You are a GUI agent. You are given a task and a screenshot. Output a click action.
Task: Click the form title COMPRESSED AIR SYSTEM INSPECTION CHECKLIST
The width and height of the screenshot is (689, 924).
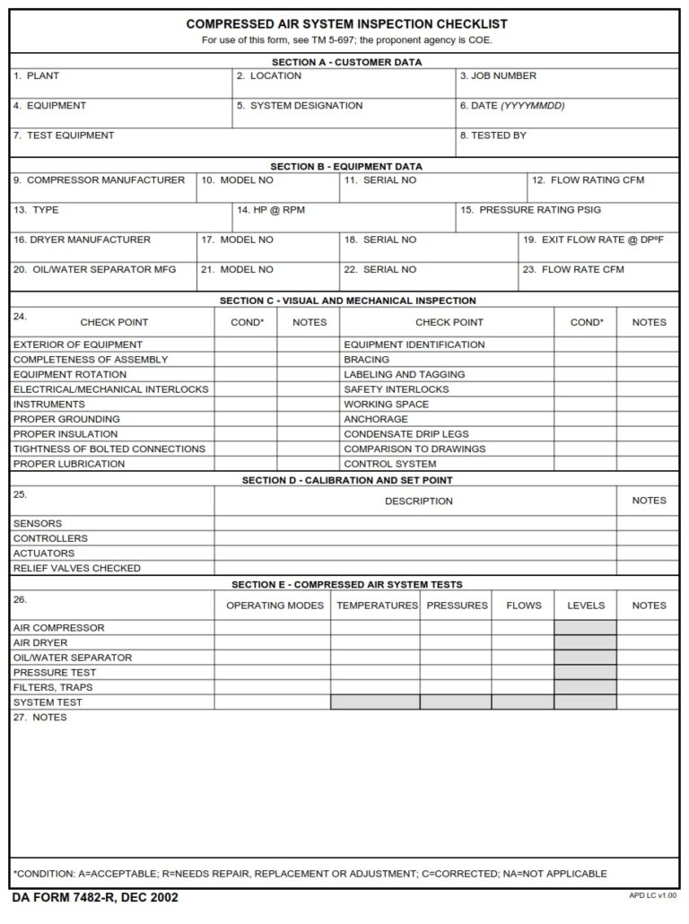click(346, 24)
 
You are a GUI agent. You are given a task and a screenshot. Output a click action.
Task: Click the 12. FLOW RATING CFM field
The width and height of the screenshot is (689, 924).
click(603, 187)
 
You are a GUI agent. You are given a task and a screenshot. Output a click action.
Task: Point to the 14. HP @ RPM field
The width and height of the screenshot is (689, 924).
click(344, 217)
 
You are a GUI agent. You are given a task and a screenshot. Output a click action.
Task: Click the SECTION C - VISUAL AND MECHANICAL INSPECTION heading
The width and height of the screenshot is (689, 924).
click(347, 301)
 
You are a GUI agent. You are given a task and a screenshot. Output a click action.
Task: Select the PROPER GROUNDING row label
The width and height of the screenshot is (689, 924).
click(66, 419)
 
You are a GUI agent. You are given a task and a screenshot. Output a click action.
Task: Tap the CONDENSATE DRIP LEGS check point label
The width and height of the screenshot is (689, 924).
click(406, 434)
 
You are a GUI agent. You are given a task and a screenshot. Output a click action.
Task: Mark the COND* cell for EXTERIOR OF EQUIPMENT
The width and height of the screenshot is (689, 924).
click(246, 344)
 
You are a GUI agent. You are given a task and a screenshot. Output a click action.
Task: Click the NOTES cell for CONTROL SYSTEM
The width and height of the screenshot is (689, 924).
click(648, 464)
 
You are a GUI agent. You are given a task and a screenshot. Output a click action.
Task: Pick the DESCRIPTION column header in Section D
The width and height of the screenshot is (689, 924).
click(418, 501)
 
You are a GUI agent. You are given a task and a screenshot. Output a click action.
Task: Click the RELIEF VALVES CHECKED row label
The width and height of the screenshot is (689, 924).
click(76, 568)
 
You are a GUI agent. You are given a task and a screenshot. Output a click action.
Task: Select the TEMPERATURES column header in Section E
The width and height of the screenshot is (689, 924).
click(377, 606)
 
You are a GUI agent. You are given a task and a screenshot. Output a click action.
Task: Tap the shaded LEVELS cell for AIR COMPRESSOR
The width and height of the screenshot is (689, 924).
click(585, 628)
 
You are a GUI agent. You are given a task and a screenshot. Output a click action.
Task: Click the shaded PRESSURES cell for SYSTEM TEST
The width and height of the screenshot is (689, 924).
click(456, 702)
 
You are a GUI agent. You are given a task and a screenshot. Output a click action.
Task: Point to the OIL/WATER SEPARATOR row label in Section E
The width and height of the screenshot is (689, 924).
click(73, 658)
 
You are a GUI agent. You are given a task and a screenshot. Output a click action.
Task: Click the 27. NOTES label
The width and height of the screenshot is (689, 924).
click(39, 718)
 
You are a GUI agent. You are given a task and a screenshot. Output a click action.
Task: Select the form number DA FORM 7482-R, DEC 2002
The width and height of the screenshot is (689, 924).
click(95, 897)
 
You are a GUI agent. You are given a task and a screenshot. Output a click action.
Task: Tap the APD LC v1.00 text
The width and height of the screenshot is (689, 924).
click(652, 896)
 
